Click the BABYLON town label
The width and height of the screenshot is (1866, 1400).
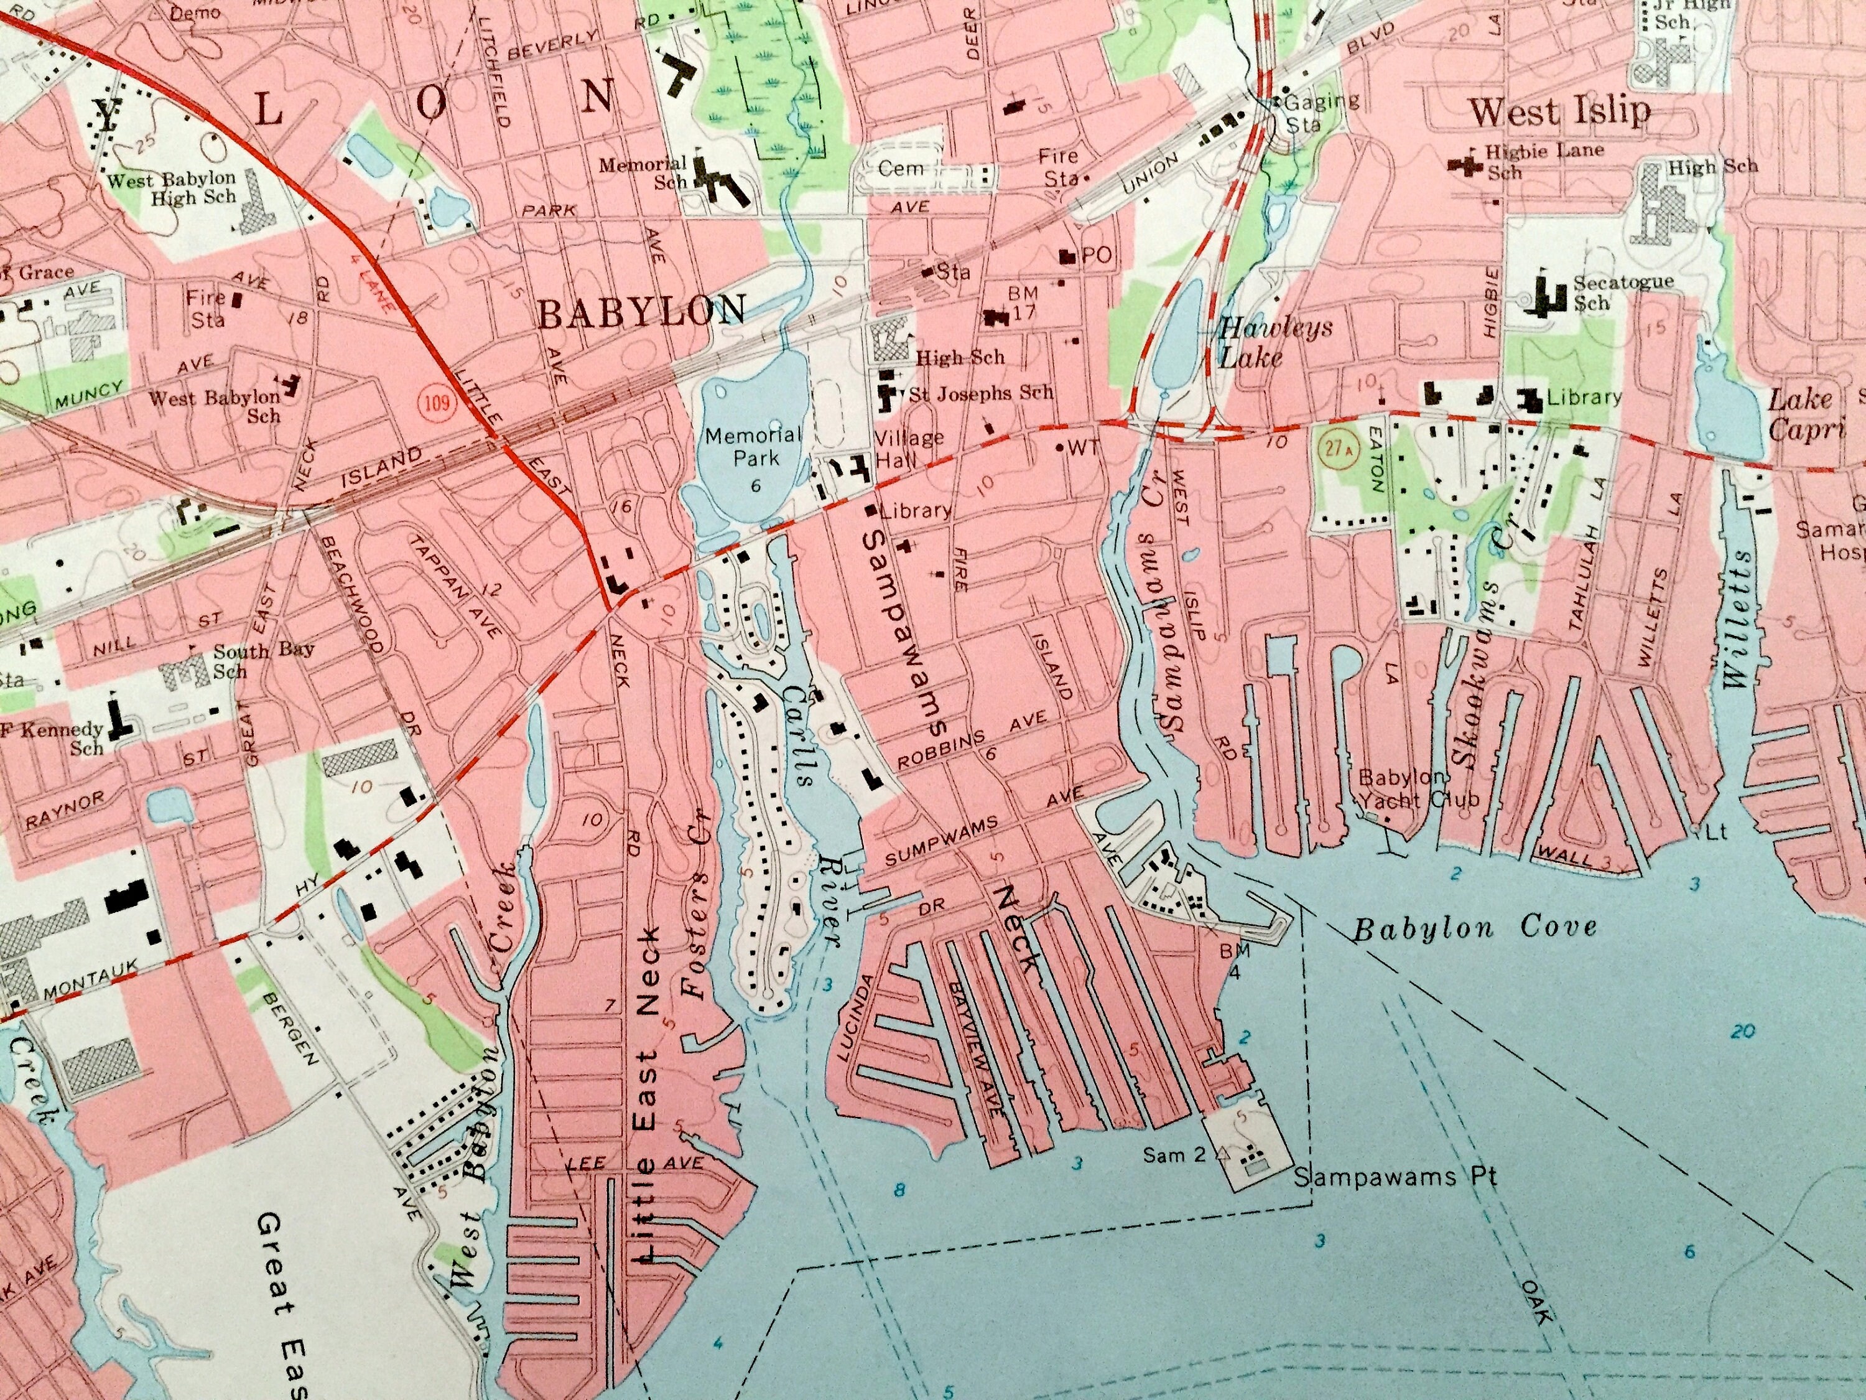(641, 312)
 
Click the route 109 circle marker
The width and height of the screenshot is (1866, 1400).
(437, 402)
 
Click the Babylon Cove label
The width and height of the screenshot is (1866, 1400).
(1475, 928)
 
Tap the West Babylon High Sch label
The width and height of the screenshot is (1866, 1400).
(171, 189)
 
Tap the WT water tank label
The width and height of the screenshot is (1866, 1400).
(1080, 448)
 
